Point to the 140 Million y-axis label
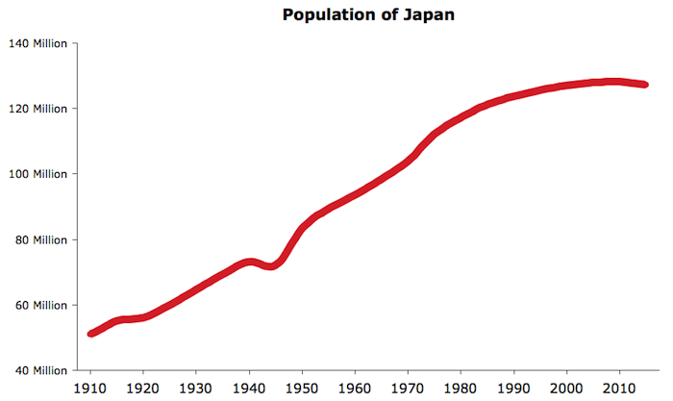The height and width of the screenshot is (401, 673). coord(38,43)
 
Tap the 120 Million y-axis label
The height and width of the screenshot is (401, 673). coord(38,109)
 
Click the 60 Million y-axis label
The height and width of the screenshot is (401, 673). coord(41,305)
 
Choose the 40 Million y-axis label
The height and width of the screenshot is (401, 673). coord(41,370)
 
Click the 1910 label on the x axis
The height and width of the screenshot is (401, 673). coord(91,388)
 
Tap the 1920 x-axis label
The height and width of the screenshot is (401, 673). coord(143,388)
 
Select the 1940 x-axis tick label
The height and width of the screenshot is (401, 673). coord(250,388)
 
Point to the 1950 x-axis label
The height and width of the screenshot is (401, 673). coord(303,388)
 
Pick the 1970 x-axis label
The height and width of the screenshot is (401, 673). coord(409,388)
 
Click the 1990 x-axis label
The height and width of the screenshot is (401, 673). coord(514,388)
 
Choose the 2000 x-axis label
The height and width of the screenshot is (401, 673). coord(567,388)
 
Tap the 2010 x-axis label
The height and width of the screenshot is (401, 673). coord(620,388)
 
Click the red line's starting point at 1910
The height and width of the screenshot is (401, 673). coord(91,334)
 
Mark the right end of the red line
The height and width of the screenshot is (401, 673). coord(645,85)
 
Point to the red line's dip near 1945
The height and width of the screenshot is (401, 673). coord(272,266)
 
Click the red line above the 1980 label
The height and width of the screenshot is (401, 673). coord(461,117)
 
